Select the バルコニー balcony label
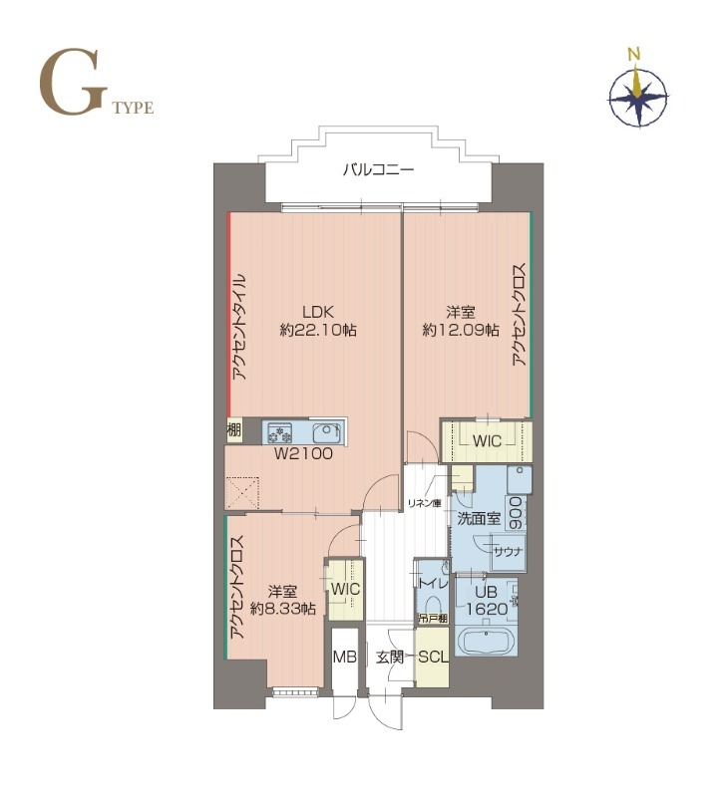pyautogui.click(x=378, y=169)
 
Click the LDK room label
pyautogui.click(x=318, y=309)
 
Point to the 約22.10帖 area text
pyautogui.click(x=318, y=330)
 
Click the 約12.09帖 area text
pyautogui.click(x=460, y=330)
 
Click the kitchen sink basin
pyautogui.click(x=326, y=433)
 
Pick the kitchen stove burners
pyautogui.click(x=279, y=433)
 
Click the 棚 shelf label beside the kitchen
pyautogui.click(x=233, y=431)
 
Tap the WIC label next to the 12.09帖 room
pyautogui.click(x=487, y=438)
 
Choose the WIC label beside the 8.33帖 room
pyautogui.click(x=345, y=590)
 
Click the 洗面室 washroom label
pyautogui.click(x=478, y=519)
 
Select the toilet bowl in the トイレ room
pyautogui.click(x=434, y=607)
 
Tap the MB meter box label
pyautogui.click(x=345, y=657)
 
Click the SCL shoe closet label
pyautogui.click(x=433, y=657)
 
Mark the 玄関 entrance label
pyautogui.click(x=390, y=657)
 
